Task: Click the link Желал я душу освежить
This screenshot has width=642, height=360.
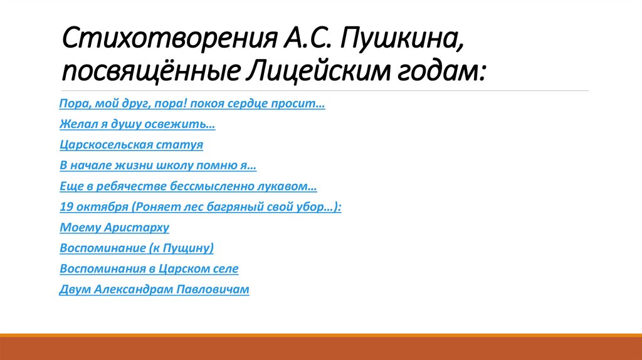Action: [x=137, y=125]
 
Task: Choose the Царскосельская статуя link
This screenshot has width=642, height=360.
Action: [x=132, y=146]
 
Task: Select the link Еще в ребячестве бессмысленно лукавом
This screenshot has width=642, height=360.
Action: [x=188, y=187]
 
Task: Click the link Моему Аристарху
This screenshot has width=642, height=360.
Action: [x=115, y=228]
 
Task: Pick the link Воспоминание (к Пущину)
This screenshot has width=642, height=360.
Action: [x=137, y=248]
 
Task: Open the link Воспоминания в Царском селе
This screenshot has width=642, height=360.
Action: [x=149, y=269]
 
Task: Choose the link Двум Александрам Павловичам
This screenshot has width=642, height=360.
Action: [x=155, y=290]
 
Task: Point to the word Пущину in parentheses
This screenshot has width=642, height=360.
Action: [x=187, y=248]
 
